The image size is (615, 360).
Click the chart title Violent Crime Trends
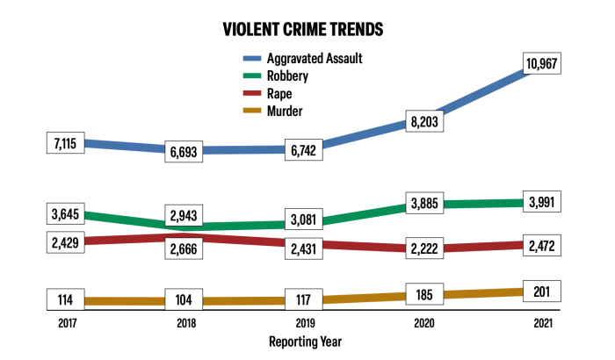point(303,29)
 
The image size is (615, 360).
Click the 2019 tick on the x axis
point(305,322)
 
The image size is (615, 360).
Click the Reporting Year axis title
point(305,341)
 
